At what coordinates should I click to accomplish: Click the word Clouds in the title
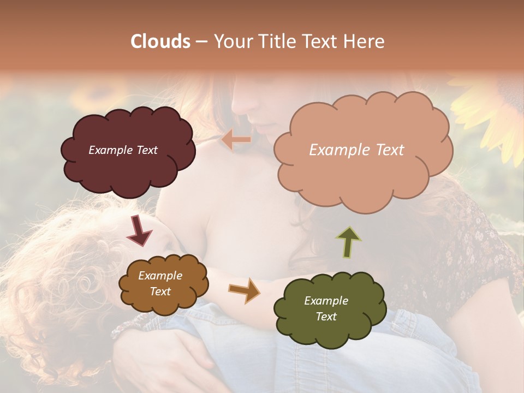click(160, 41)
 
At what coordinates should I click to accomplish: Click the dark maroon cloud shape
click(128, 166)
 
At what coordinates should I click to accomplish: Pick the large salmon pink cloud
click(363, 175)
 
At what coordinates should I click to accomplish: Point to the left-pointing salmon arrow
click(236, 140)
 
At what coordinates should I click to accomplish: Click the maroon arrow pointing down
click(139, 230)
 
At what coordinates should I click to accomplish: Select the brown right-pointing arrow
click(244, 290)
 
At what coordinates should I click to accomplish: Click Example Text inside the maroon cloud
click(123, 150)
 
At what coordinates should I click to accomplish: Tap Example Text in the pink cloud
click(356, 150)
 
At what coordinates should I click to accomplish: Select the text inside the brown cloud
click(160, 284)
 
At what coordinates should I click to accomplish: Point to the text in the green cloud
click(326, 308)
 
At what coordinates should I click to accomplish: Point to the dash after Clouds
click(201, 41)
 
